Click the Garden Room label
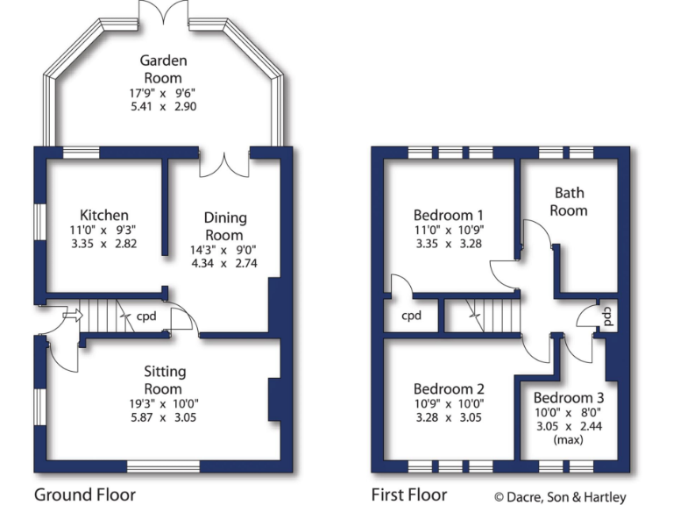164,69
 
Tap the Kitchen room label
104,215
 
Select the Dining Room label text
225,226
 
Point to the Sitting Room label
164,380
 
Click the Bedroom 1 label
449,215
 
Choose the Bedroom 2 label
449,389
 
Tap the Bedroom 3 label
568,397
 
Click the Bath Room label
569,202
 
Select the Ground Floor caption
85,494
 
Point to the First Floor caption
409,494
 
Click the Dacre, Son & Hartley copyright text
561,497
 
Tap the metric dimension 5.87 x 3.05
164,417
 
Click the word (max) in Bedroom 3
568,439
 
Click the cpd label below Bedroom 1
411,316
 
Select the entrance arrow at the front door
71,314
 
